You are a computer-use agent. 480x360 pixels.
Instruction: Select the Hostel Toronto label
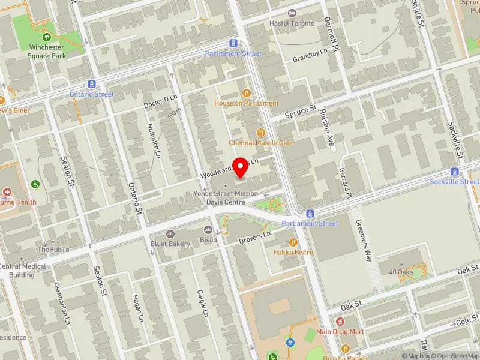coord(292,23)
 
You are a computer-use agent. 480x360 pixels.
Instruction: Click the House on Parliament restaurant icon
coord(246,93)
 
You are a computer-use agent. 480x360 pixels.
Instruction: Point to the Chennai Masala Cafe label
coord(260,143)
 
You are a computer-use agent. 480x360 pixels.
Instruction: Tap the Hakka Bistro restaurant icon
coord(293,242)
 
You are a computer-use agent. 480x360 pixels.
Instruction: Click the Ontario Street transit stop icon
coord(91,85)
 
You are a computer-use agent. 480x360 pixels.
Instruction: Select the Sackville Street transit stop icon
coord(455,171)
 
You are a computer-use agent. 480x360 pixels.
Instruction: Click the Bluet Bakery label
coord(170,243)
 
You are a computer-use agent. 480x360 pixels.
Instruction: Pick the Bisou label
coord(208,243)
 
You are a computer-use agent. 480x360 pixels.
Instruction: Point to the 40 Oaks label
coord(401,271)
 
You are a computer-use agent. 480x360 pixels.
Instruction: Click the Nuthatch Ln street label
coord(155,140)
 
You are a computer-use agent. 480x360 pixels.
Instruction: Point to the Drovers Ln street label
coord(256,236)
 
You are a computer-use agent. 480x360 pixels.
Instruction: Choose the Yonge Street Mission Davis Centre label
coord(226,197)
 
